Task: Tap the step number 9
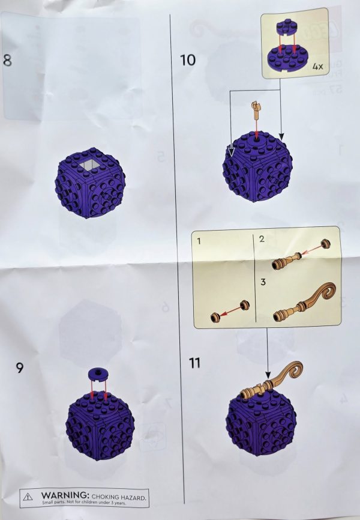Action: tap(20, 367)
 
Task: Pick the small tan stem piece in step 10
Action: tap(256, 109)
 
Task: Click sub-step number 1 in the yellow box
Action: tap(200, 240)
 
